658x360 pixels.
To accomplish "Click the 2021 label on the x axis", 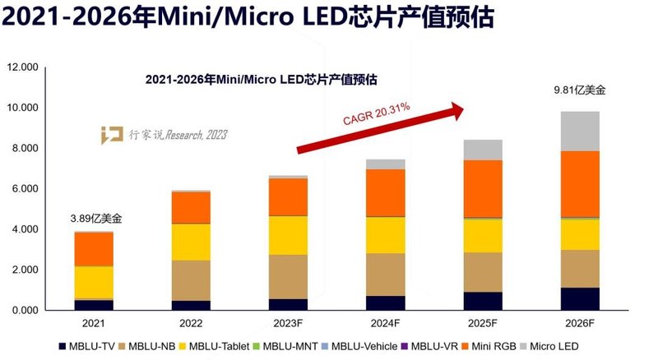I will coord(95,325).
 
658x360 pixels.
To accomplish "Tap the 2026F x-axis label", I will coord(580,325).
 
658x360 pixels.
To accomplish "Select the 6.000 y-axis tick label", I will coord(25,188).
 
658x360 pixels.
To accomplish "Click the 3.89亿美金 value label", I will coord(95,219).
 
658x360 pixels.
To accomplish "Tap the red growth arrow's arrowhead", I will coord(456,111).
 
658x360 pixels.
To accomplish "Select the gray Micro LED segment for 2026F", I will coord(580,132).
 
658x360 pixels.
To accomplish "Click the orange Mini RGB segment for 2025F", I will coord(483,188).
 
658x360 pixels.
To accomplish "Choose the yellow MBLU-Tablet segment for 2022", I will coord(192,242).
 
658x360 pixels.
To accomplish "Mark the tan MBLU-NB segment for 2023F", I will coord(289,276).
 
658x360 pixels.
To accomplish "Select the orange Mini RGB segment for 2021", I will coord(95,249).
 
